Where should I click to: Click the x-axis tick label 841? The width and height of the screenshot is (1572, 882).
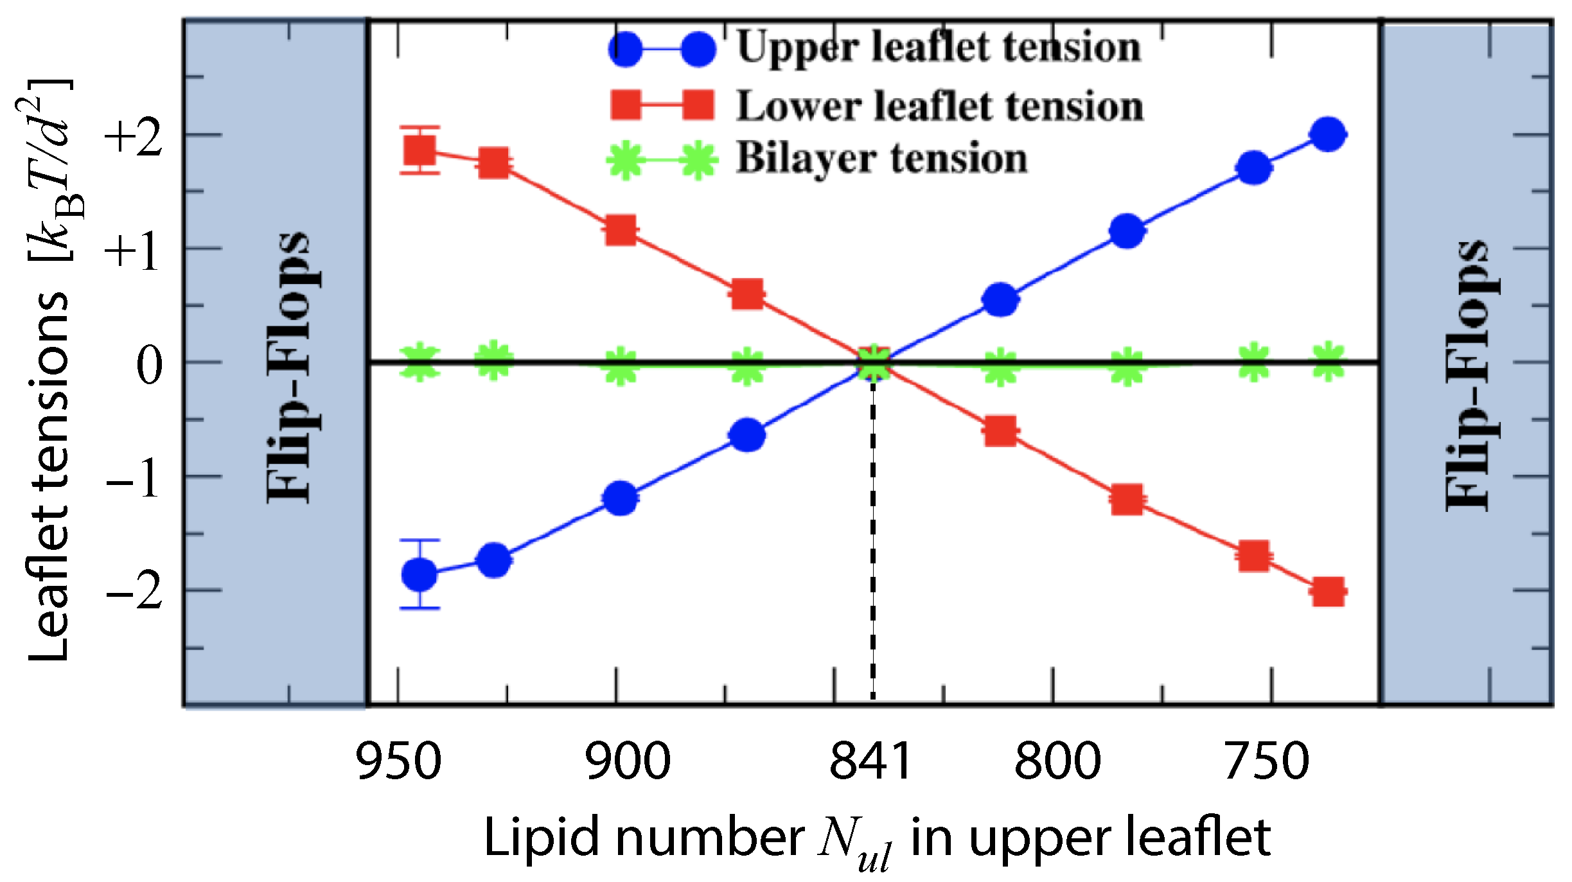point(870,761)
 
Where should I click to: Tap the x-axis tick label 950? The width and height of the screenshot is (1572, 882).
point(398,761)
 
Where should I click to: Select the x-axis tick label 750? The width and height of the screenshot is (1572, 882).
point(1267,761)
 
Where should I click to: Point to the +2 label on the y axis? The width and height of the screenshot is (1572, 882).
point(133,138)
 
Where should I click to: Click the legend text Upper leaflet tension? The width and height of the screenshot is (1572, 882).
point(938,48)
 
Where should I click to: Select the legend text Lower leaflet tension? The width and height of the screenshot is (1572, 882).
point(939,107)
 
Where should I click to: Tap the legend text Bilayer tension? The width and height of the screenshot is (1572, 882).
point(881,159)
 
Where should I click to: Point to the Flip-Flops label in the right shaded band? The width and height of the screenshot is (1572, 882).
point(1467,376)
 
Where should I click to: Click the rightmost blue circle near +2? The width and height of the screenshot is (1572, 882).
point(1328,134)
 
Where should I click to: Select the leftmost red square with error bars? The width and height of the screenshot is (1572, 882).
point(420,150)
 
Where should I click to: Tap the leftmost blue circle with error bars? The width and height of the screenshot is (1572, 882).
point(419,574)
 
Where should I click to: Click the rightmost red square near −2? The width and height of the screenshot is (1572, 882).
point(1328,592)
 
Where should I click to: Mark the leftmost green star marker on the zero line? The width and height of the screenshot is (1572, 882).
point(419,362)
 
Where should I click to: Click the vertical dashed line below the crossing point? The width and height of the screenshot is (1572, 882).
point(872,546)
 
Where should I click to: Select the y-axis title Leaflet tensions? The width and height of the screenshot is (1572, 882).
point(48,475)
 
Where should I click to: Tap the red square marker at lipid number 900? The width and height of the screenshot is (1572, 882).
point(621,229)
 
